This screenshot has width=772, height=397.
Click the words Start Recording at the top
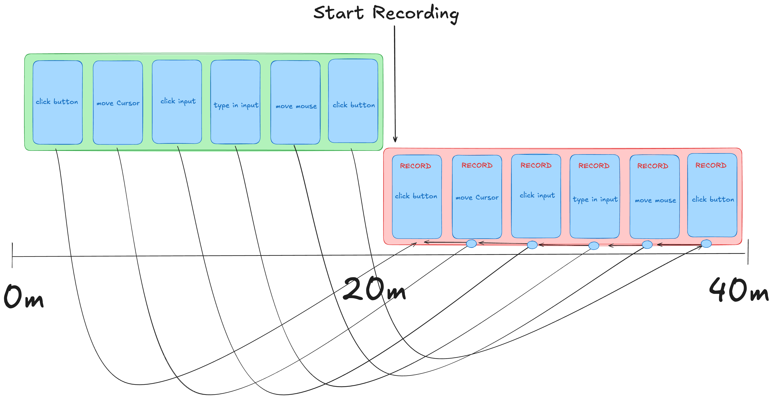coord(386,14)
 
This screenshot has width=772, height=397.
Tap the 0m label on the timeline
coord(24,297)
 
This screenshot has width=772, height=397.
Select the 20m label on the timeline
coord(374,289)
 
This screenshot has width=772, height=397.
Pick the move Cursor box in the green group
coord(118,102)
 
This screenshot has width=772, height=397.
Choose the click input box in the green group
coord(177,102)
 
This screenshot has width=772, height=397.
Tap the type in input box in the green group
coord(235,102)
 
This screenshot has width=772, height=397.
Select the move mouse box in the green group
coord(295,102)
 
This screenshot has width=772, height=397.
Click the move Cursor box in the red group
coord(477,197)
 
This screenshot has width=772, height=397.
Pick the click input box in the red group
coord(536,196)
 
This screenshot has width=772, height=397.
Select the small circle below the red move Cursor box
coord(471,243)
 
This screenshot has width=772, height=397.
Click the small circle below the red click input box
coord(532,245)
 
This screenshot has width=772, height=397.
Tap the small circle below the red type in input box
coord(594,246)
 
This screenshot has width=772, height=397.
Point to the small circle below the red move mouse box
coord(647,245)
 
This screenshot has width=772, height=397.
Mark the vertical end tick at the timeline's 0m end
coord(12,255)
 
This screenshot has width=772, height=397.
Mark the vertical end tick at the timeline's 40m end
coord(748,252)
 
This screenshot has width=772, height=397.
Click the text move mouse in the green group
coord(296,106)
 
